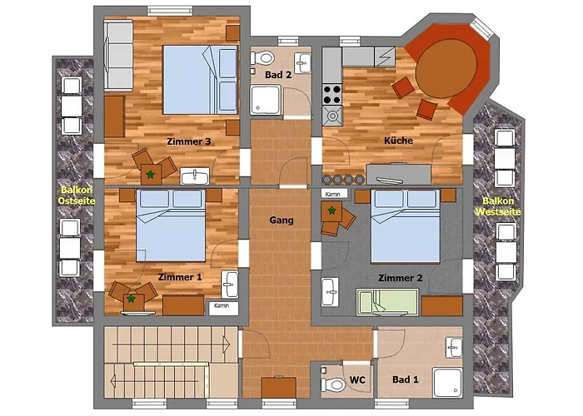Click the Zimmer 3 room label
click(x=189, y=141)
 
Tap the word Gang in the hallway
click(x=282, y=220)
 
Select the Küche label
click(x=399, y=141)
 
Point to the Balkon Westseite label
click(x=498, y=206)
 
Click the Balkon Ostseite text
click(x=77, y=196)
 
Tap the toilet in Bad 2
click(x=263, y=58)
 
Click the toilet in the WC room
click(x=333, y=384)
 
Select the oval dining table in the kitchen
click(x=446, y=68)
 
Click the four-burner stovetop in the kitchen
click(x=331, y=94)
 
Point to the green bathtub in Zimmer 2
click(x=387, y=303)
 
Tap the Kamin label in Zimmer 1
click(x=222, y=305)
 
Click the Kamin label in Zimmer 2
click(x=333, y=194)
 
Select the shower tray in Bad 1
click(x=448, y=383)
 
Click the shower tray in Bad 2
click(x=266, y=100)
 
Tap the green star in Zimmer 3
click(x=150, y=174)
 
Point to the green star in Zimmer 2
click(x=331, y=210)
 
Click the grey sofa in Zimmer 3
click(x=118, y=56)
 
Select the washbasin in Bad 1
click(x=454, y=347)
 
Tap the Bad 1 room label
click(x=406, y=379)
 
